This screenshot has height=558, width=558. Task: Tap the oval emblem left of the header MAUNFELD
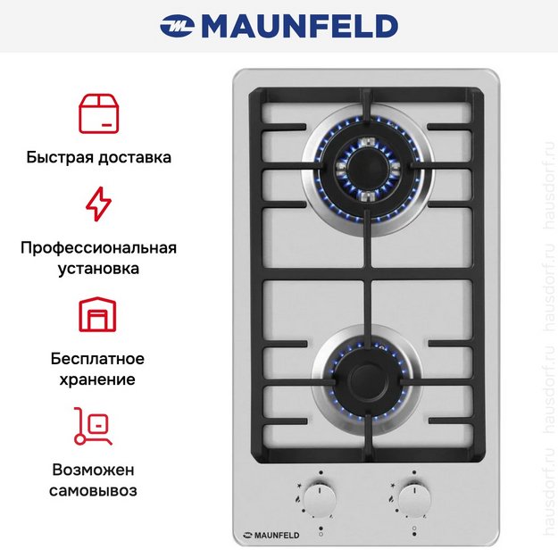coord(177,27)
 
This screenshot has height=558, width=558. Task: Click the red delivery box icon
coord(98,112)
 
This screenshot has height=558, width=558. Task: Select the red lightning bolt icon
coord(98,204)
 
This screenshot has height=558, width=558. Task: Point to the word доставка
coord(135,157)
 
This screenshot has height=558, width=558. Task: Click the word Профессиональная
coord(98,247)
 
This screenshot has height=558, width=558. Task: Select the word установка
coord(98,267)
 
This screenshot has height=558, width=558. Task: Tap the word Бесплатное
coord(98,359)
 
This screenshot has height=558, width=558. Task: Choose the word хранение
coord(98,379)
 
